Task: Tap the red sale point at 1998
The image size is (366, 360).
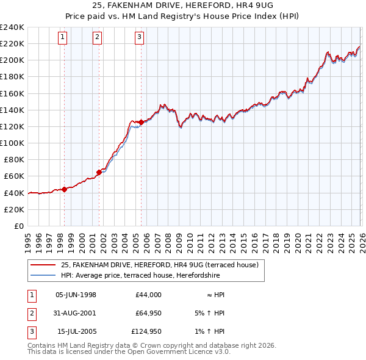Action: (x=64, y=189)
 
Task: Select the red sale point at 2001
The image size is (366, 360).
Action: (x=99, y=171)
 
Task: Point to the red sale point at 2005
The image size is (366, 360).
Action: (x=141, y=122)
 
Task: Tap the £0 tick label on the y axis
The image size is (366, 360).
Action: (x=18, y=226)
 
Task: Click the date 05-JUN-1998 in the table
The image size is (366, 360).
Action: (x=76, y=295)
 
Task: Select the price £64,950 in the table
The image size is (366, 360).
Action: (x=146, y=313)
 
